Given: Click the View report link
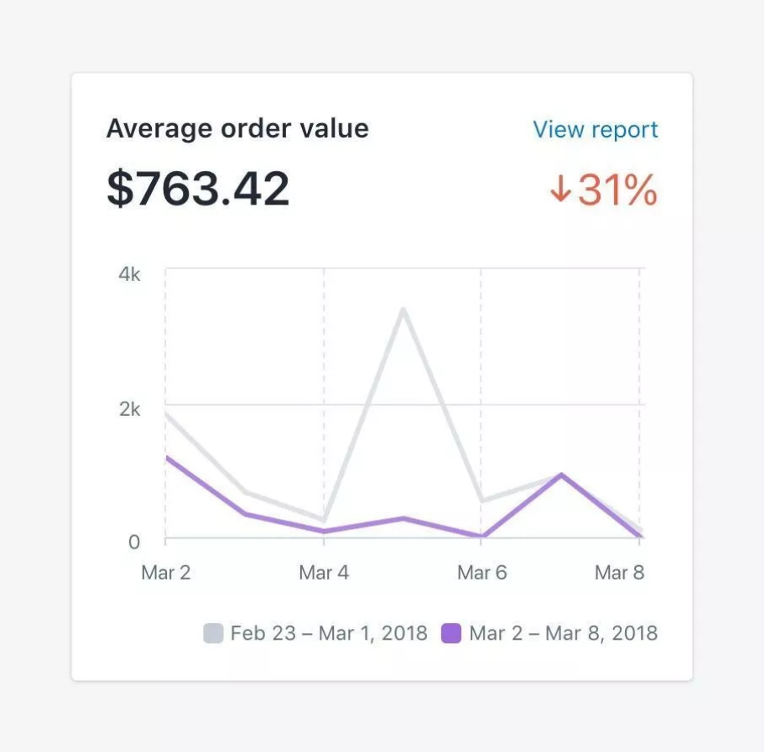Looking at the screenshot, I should click(x=596, y=130).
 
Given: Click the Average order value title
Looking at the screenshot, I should click(x=237, y=128).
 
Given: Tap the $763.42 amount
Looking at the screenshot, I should click(x=198, y=189).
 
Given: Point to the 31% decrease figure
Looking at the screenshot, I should click(x=617, y=190).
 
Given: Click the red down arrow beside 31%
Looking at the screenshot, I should click(x=559, y=191).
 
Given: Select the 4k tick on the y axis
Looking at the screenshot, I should click(x=129, y=275).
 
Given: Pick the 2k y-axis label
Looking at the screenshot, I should click(x=129, y=409).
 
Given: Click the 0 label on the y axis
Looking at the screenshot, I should click(x=134, y=542).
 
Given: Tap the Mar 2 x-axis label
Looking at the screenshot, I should click(x=166, y=573).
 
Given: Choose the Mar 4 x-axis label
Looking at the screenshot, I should click(x=324, y=573).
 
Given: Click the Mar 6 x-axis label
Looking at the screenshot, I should click(x=481, y=573).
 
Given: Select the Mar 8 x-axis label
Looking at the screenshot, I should click(x=620, y=573).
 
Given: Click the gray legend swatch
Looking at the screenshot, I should click(x=213, y=633).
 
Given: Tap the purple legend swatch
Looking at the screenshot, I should click(x=451, y=633).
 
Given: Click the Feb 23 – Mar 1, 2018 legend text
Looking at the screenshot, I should click(x=329, y=633).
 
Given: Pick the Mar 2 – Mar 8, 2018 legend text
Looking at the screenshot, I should click(x=563, y=633).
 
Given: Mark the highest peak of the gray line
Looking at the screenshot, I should click(x=403, y=309).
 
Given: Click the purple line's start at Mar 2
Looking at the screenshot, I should click(x=167, y=457).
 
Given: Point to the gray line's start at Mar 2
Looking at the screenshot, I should click(x=167, y=413).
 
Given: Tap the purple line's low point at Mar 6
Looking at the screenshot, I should click(x=481, y=537).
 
